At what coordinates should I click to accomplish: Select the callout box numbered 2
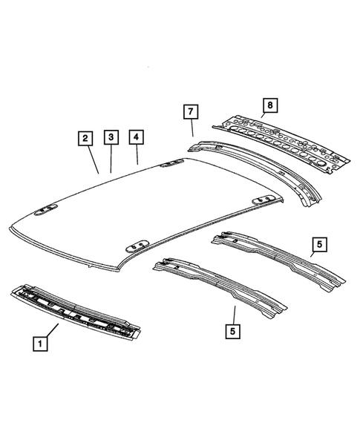tap(86, 139)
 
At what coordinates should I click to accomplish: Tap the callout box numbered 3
tap(111, 138)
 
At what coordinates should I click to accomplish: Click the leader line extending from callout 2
tap(93, 160)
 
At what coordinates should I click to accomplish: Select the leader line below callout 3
tap(111, 160)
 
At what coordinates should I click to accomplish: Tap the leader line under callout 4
tap(137, 155)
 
